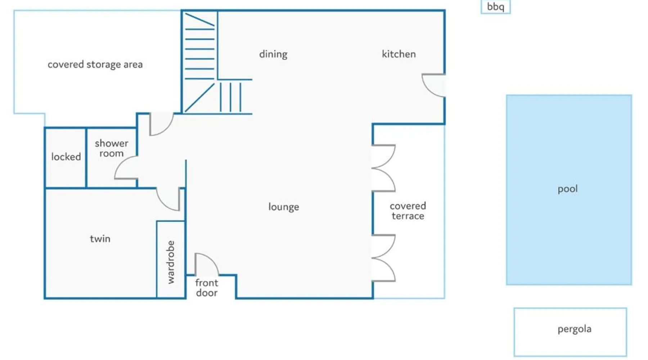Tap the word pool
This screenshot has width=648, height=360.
click(567, 189)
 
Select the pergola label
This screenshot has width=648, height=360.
click(574, 329)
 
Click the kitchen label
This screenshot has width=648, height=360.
click(399, 54)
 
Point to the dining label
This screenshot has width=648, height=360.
click(273, 54)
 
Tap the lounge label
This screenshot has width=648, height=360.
click(283, 207)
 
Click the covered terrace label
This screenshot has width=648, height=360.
click(408, 211)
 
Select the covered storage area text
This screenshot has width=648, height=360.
click(95, 64)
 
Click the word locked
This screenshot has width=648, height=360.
click(66, 157)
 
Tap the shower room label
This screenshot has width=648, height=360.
click(111, 148)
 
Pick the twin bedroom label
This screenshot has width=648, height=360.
click(100, 239)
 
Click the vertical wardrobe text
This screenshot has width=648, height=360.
click(171, 262)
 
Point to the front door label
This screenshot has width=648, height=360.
click(207, 288)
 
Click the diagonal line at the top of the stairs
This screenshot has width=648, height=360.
click(200, 20)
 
